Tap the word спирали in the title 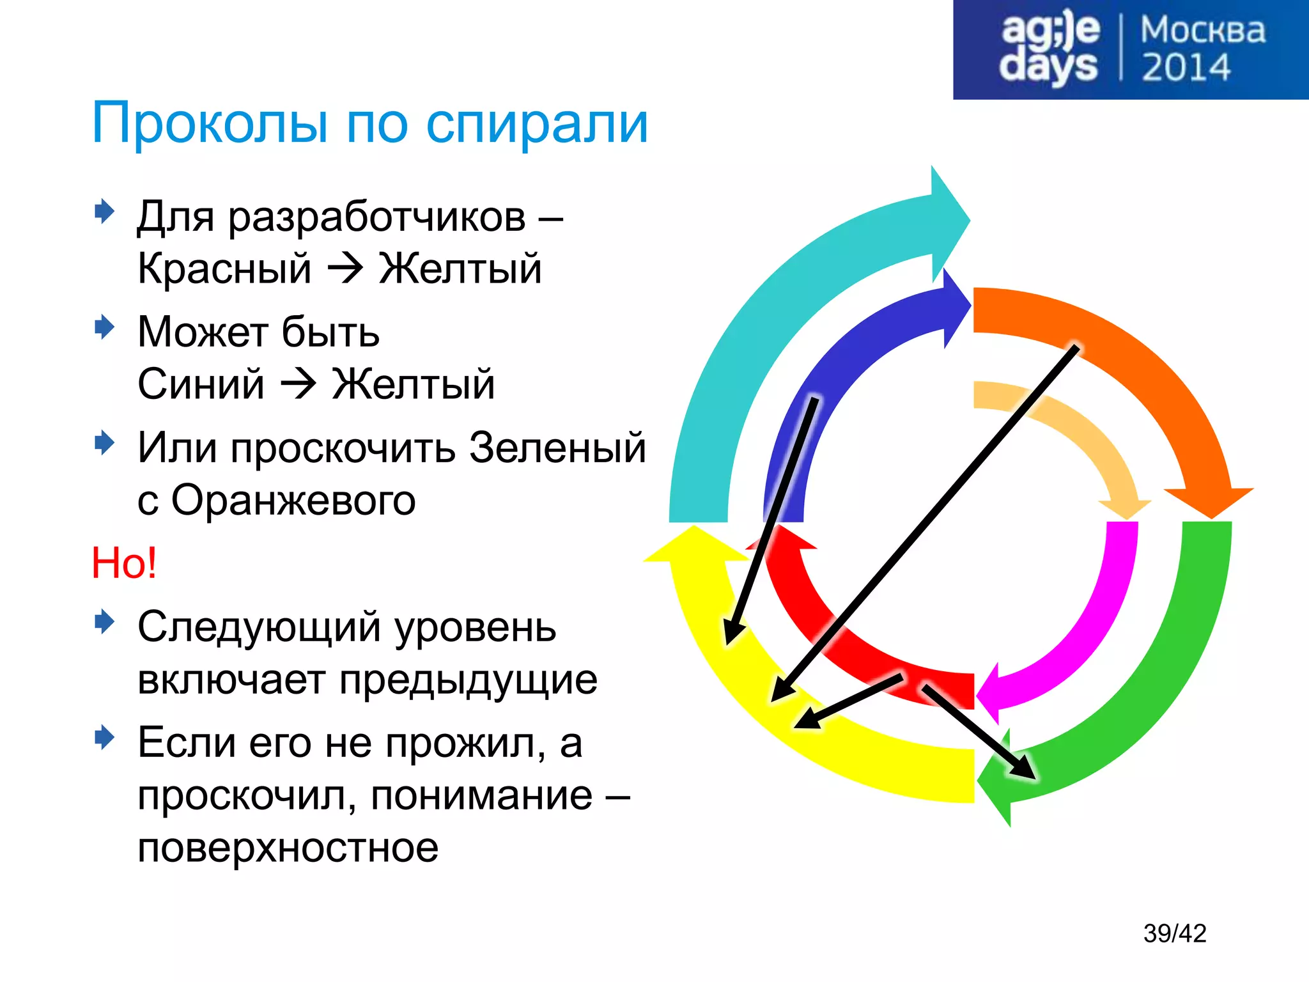[x=537, y=123]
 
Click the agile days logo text [x=1050, y=49]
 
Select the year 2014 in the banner [x=1186, y=68]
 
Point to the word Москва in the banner [x=1202, y=30]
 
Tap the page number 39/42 [x=1174, y=933]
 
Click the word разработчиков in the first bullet [x=377, y=217]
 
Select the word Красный [x=224, y=268]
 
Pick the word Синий [x=201, y=384]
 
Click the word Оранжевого [x=293, y=500]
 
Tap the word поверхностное [x=288, y=848]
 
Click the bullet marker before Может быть [x=104, y=327]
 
